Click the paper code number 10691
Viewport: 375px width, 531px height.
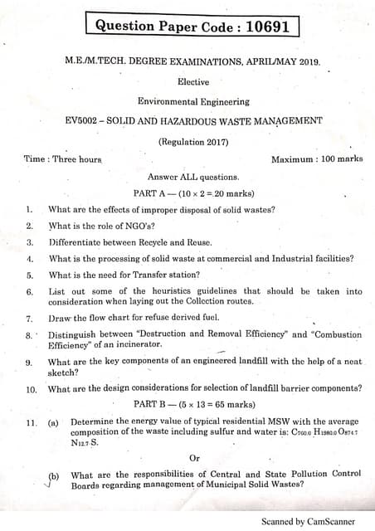point(268,27)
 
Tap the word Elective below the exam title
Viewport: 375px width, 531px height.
point(192,81)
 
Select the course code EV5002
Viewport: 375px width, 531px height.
point(81,120)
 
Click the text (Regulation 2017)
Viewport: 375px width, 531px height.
point(192,141)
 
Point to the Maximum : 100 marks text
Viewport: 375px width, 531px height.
point(316,158)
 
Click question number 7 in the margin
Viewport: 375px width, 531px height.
point(29,318)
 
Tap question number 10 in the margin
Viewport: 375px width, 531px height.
point(31,388)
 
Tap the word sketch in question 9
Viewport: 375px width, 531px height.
point(62,373)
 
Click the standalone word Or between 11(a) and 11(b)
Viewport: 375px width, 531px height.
point(194,457)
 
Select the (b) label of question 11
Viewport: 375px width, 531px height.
point(54,475)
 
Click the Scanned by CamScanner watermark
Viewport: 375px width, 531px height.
point(308,522)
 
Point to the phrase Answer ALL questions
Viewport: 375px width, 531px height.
point(192,177)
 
